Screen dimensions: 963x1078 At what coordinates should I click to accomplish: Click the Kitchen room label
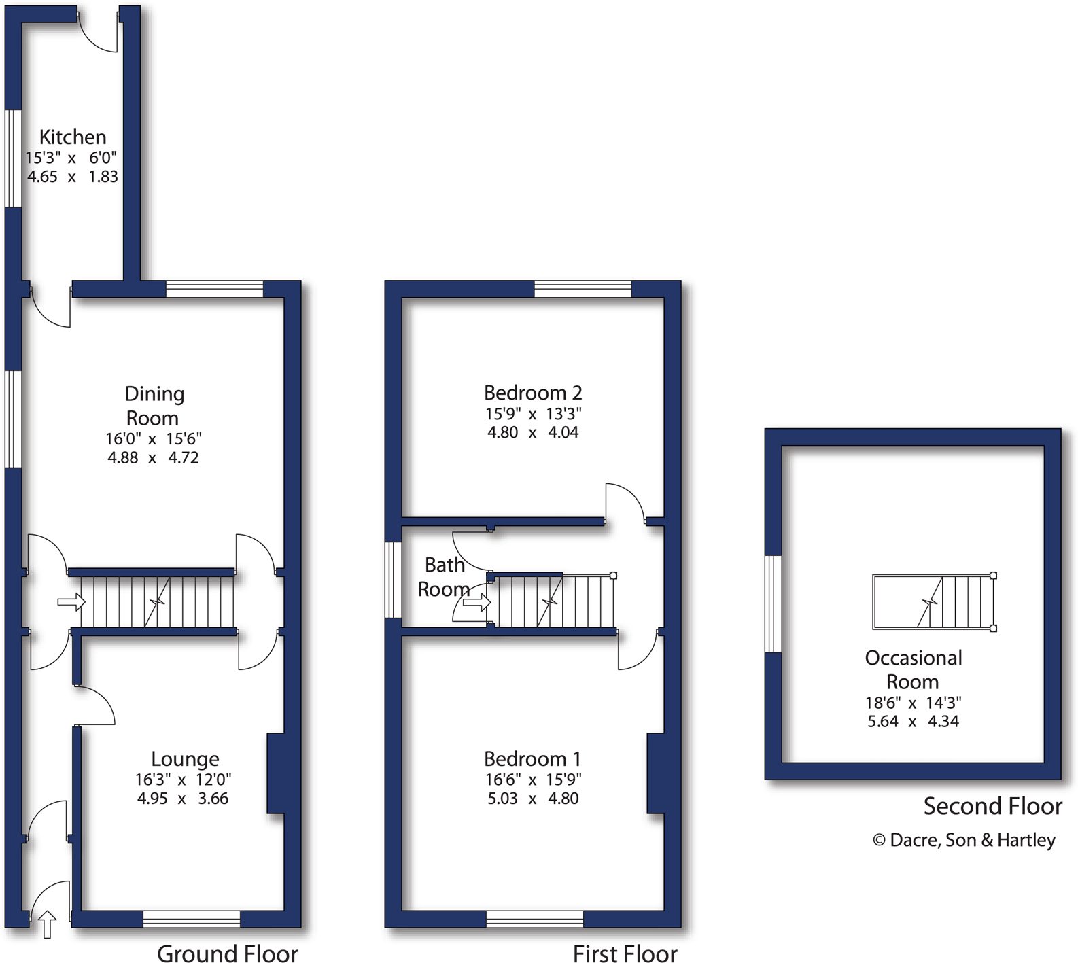pyautogui.click(x=72, y=137)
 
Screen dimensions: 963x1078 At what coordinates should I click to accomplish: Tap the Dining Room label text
pyautogui.click(x=154, y=406)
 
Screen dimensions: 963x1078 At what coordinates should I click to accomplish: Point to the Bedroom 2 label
pyautogui.click(x=532, y=393)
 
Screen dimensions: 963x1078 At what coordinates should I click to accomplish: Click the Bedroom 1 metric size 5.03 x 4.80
pyautogui.click(x=532, y=799)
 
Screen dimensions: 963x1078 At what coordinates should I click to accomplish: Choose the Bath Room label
pyautogui.click(x=444, y=576)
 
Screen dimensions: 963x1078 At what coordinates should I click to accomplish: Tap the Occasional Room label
pyautogui.click(x=913, y=669)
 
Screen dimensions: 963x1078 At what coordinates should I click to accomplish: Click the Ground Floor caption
pyautogui.click(x=227, y=953)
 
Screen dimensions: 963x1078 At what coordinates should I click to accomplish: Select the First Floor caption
pyautogui.click(x=625, y=953)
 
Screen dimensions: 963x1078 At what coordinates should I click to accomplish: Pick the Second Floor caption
pyautogui.click(x=992, y=806)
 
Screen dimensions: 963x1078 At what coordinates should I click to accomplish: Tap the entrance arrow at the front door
pyautogui.click(x=46, y=924)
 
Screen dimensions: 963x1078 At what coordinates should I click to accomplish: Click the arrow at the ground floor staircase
pyautogui.click(x=71, y=601)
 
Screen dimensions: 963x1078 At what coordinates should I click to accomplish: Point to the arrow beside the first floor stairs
pyautogui.click(x=476, y=601)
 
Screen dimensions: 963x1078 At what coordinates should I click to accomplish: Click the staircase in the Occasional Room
pyautogui.click(x=934, y=601)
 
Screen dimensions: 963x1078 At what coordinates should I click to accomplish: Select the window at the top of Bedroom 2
pyautogui.click(x=583, y=289)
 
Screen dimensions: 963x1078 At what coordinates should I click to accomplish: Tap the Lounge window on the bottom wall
pyautogui.click(x=192, y=920)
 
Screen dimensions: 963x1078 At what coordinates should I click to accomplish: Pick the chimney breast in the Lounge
pyautogui.click(x=275, y=773)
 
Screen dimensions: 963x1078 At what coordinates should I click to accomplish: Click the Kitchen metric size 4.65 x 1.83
pyautogui.click(x=72, y=177)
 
